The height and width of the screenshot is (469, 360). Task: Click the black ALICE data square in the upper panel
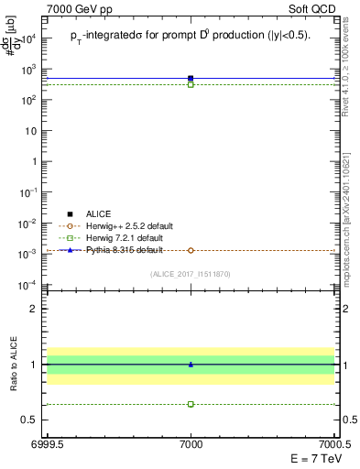(191, 79)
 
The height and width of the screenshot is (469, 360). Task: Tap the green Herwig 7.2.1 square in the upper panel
(191, 84)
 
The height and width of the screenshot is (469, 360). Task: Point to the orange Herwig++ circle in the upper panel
(191, 250)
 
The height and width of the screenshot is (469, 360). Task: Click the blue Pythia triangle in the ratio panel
(191, 365)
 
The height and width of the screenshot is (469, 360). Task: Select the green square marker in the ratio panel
(191, 404)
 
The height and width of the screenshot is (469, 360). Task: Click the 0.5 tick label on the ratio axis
(31, 420)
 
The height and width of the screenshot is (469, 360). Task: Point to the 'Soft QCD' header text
(312, 8)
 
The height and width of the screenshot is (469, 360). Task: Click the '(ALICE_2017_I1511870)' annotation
(191, 274)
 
